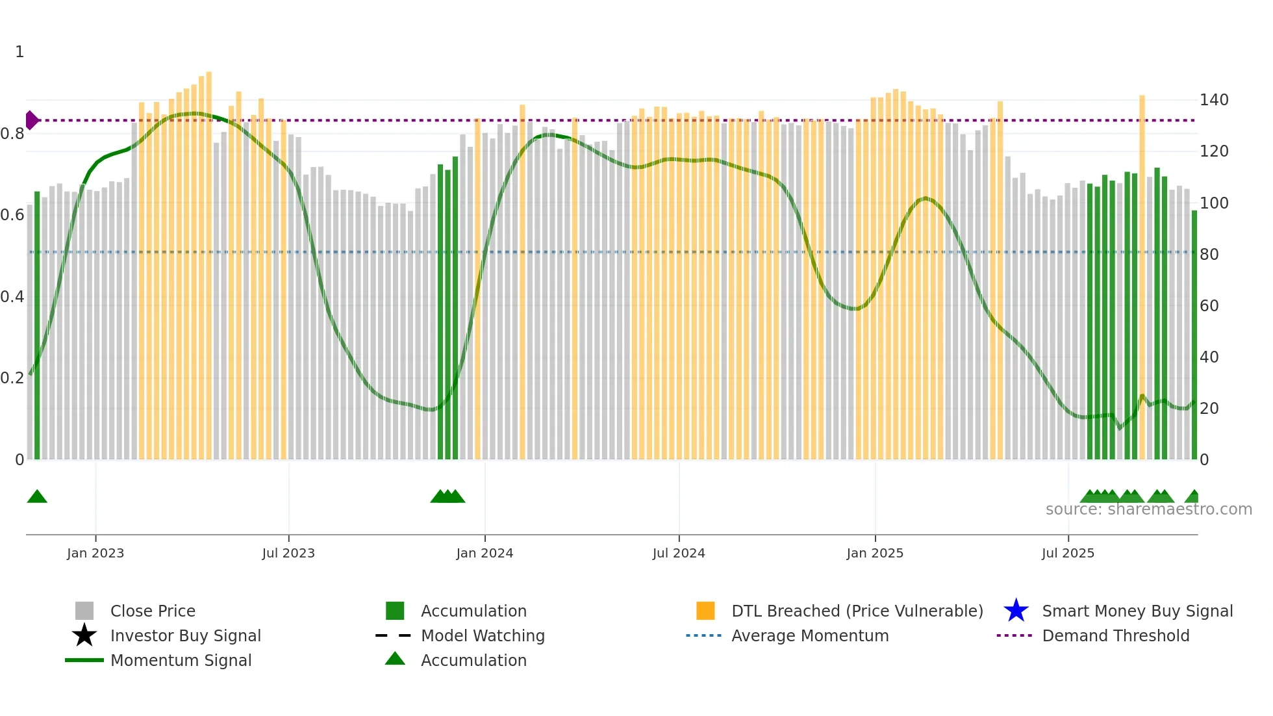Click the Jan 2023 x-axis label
pos(95,553)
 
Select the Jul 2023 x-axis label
pos(288,553)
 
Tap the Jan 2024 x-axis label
pos(485,553)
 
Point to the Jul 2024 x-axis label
pos(679,553)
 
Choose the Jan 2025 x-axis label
pos(875,553)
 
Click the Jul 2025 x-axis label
pos(1068,553)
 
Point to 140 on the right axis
pos(1214,100)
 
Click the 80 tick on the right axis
pos(1209,254)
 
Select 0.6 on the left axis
pos(12,215)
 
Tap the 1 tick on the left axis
pos(19,52)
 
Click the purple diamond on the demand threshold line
pos(31,120)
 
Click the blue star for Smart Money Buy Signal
pos(1016,611)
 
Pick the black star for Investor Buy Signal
pos(84,635)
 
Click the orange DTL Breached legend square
pos(705,611)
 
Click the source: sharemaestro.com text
pos(1148,509)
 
